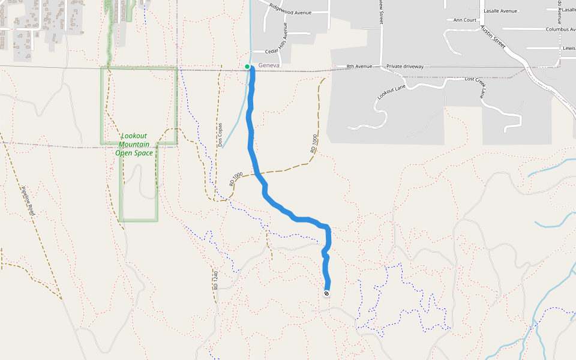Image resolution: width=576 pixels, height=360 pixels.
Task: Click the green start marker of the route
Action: (x=247, y=67)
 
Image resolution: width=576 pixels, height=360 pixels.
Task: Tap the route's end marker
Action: (x=326, y=293)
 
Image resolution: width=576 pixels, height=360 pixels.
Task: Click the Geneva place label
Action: (x=269, y=65)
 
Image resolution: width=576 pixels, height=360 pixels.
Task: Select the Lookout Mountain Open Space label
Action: (x=134, y=144)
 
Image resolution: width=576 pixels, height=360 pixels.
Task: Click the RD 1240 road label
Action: (x=214, y=280)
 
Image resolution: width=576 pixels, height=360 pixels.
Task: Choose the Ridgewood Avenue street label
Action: (x=290, y=8)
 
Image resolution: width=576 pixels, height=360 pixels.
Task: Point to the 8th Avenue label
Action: (x=359, y=66)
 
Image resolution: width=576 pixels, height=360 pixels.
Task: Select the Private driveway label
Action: (x=405, y=66)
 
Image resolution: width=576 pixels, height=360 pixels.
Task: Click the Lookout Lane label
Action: (x=392, y=92)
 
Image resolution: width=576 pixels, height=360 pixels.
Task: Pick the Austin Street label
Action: (x=493, y=39)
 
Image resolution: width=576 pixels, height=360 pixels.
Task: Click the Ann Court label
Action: (x=464, y=20)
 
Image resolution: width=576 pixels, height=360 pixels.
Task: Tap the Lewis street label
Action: (x=569, y=48)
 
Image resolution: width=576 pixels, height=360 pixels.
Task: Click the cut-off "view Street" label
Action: (x=381, y=12)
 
